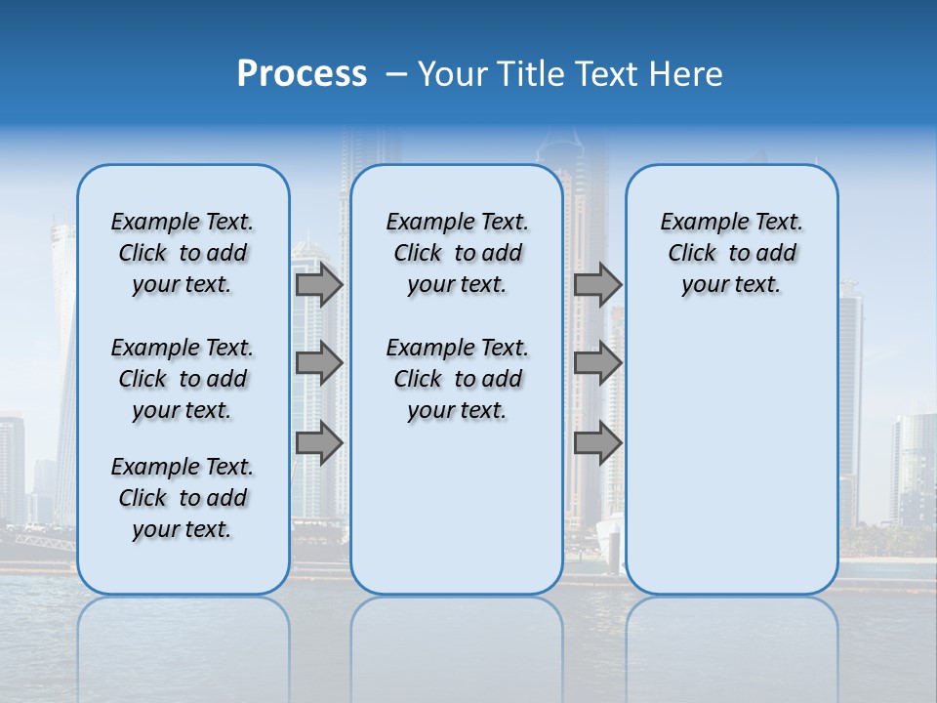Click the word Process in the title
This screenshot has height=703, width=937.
pos(302,74)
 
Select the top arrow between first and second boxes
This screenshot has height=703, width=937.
pos(319,285)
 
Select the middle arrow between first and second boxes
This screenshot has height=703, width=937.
pos(319,363)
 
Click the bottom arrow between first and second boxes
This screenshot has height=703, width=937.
pos(319,442)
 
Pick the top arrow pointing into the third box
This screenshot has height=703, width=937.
pos(597,285)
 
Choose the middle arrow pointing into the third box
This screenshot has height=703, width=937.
pos(597,363)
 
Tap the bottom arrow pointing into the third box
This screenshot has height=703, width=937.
pos(597,442)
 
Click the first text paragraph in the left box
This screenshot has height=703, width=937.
pos(183,253)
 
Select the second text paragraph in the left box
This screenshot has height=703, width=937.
pos(183,379)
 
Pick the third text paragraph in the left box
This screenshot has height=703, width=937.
pos(183,498)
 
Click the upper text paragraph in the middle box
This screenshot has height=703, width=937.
pos(457,253)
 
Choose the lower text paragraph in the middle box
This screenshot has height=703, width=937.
pos(457,379)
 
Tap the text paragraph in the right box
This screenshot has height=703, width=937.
pos(731,253)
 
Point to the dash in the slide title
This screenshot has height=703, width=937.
pos(395,74)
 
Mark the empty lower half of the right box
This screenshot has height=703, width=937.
pos(731,459)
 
